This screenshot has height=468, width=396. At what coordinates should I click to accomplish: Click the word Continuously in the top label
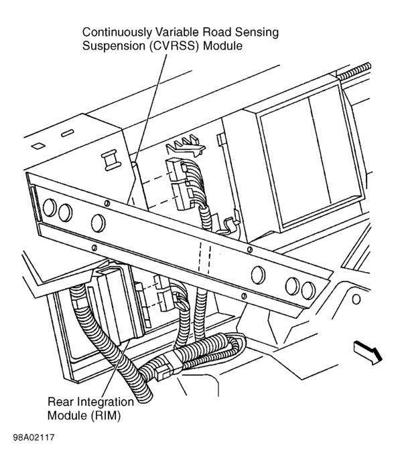click(115, 33)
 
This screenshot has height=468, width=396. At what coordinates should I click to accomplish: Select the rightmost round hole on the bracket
click(308, 289)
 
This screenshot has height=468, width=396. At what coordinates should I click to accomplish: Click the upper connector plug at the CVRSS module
click(178, 172)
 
